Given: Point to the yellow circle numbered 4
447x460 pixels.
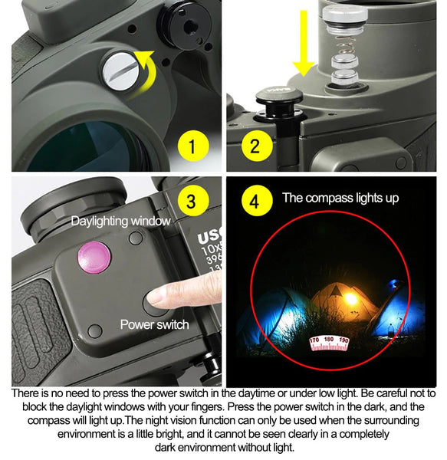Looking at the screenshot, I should click(255, 202).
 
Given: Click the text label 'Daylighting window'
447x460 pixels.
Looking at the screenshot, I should click(120, 222).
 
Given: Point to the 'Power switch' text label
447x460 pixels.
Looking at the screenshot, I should click(154, 324).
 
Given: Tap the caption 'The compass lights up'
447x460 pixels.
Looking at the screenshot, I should click(340, 198).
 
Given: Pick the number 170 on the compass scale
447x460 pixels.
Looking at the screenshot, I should click(314, 340).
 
